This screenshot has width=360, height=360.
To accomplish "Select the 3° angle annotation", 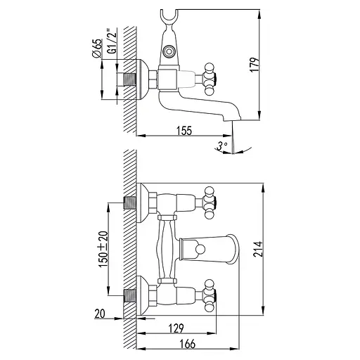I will pos(223,146).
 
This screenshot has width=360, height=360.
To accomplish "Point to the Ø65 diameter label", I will pos(98,51).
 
